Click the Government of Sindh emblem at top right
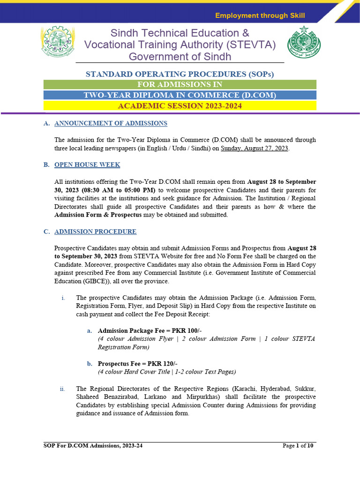tap(301, 42)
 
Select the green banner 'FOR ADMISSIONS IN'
tap(180, 84)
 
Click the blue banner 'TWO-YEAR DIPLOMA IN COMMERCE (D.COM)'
tap(180, 95)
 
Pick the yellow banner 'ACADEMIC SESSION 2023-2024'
tap(180, 106)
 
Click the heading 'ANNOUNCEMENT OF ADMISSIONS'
tap(111, 123)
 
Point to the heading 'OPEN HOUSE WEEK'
tap(87, 165)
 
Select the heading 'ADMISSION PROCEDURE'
tap(96, 232)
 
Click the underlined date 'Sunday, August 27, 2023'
tap(255, 148)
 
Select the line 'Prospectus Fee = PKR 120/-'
tap(137, 364)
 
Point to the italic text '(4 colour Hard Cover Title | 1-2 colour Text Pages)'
tap(166, 372)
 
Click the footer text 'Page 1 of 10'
tap(298, 446)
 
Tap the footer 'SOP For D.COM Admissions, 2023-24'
tap(90, 446)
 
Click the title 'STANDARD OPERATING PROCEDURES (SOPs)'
tap(180, 74)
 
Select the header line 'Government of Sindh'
tap(180, 56)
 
